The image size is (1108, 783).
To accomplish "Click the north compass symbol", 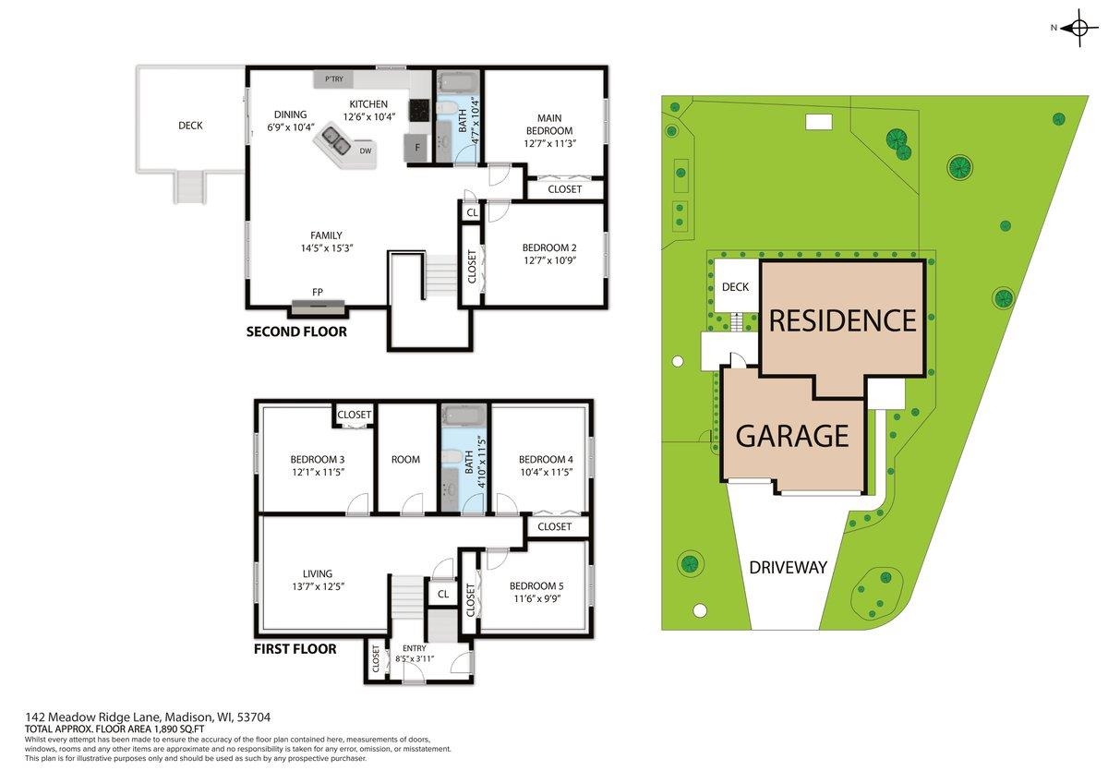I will (x=1079, y=28).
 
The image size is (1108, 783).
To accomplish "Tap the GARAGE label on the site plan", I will (x=792, y=435).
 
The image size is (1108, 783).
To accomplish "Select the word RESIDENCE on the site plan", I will (x=842, y=320).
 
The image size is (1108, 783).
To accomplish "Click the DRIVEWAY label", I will (x=788, y=567).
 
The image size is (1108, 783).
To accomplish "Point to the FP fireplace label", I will (x=318, y=293).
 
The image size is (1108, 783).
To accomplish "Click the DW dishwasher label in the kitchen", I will (x=366, y=151).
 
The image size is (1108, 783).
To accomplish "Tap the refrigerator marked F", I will (x=417, y=148).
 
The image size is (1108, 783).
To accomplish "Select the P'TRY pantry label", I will (x=333, y=80).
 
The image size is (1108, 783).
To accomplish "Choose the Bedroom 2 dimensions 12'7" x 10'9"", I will (x=549, y=260).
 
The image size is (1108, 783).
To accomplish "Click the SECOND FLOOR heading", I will (x=296, y=331).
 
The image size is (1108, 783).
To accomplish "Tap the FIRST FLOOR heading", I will (x=295, y=649).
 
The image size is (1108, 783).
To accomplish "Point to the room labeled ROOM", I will (x=405, y=459).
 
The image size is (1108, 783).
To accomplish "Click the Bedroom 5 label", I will (x=535, y=585).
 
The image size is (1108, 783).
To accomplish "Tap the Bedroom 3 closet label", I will (x=354, y=415).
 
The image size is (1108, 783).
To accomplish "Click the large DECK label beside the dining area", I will (x=190, y=126).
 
